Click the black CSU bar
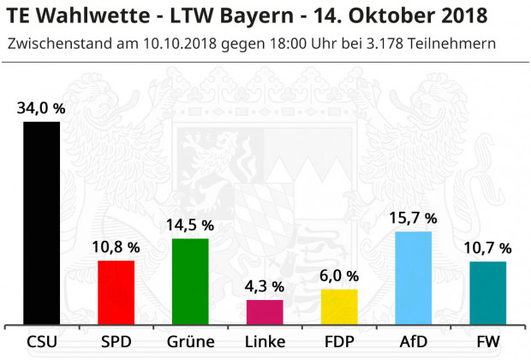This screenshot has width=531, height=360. pos(41,223)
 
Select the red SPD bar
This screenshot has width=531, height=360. pos(116,291)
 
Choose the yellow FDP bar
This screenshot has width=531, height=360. pos(339,306)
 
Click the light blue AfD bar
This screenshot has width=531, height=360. pos(414,277)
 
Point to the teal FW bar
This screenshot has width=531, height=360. pos(488,291)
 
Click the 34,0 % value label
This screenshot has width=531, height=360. pos(39,109)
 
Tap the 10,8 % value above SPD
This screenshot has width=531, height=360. pos(115,247)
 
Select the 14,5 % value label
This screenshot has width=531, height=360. pos(189,225)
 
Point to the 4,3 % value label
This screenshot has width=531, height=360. pos(265,286)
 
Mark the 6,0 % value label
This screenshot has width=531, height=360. pos(340,276)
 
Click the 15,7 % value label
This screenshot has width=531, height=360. pos(414,218)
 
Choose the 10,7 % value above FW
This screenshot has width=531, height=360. pos(488,248)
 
